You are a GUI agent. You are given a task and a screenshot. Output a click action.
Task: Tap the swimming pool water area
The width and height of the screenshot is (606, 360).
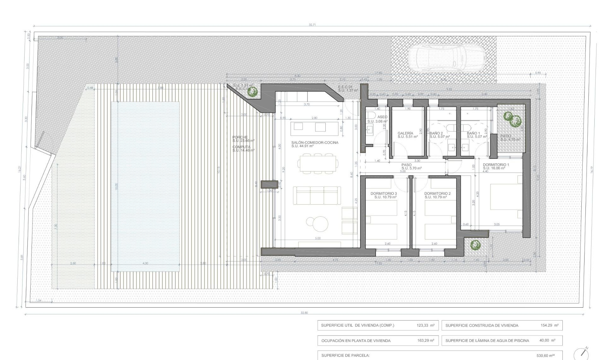(x=145, y=186)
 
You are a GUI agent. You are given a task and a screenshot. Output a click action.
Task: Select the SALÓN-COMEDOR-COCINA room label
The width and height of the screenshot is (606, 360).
(x=315, y=143)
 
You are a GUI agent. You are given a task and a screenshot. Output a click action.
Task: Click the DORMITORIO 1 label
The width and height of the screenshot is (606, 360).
(x=496, y=165)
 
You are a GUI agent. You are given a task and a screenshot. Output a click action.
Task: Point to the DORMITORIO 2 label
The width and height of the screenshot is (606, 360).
(x=437, y=194)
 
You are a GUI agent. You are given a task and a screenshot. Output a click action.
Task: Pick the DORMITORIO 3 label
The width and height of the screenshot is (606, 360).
(x=383, y=194)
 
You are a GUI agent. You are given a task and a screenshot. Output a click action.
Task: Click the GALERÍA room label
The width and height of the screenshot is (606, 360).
(x=405, y=134)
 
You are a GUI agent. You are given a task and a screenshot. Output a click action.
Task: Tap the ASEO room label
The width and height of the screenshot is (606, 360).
(x=382, y=117)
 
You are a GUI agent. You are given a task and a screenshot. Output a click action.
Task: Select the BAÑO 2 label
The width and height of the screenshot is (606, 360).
(x=436, y=134)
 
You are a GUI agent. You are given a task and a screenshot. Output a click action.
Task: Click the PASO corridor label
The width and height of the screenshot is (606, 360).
(x=407, y=165)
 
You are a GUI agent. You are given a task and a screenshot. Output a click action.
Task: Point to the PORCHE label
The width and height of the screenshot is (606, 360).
(x=240, y=137)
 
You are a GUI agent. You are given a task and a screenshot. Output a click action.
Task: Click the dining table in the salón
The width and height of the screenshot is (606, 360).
(x=318, y=163)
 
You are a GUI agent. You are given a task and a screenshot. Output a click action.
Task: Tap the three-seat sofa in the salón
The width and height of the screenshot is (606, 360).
(x=317, y=195)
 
